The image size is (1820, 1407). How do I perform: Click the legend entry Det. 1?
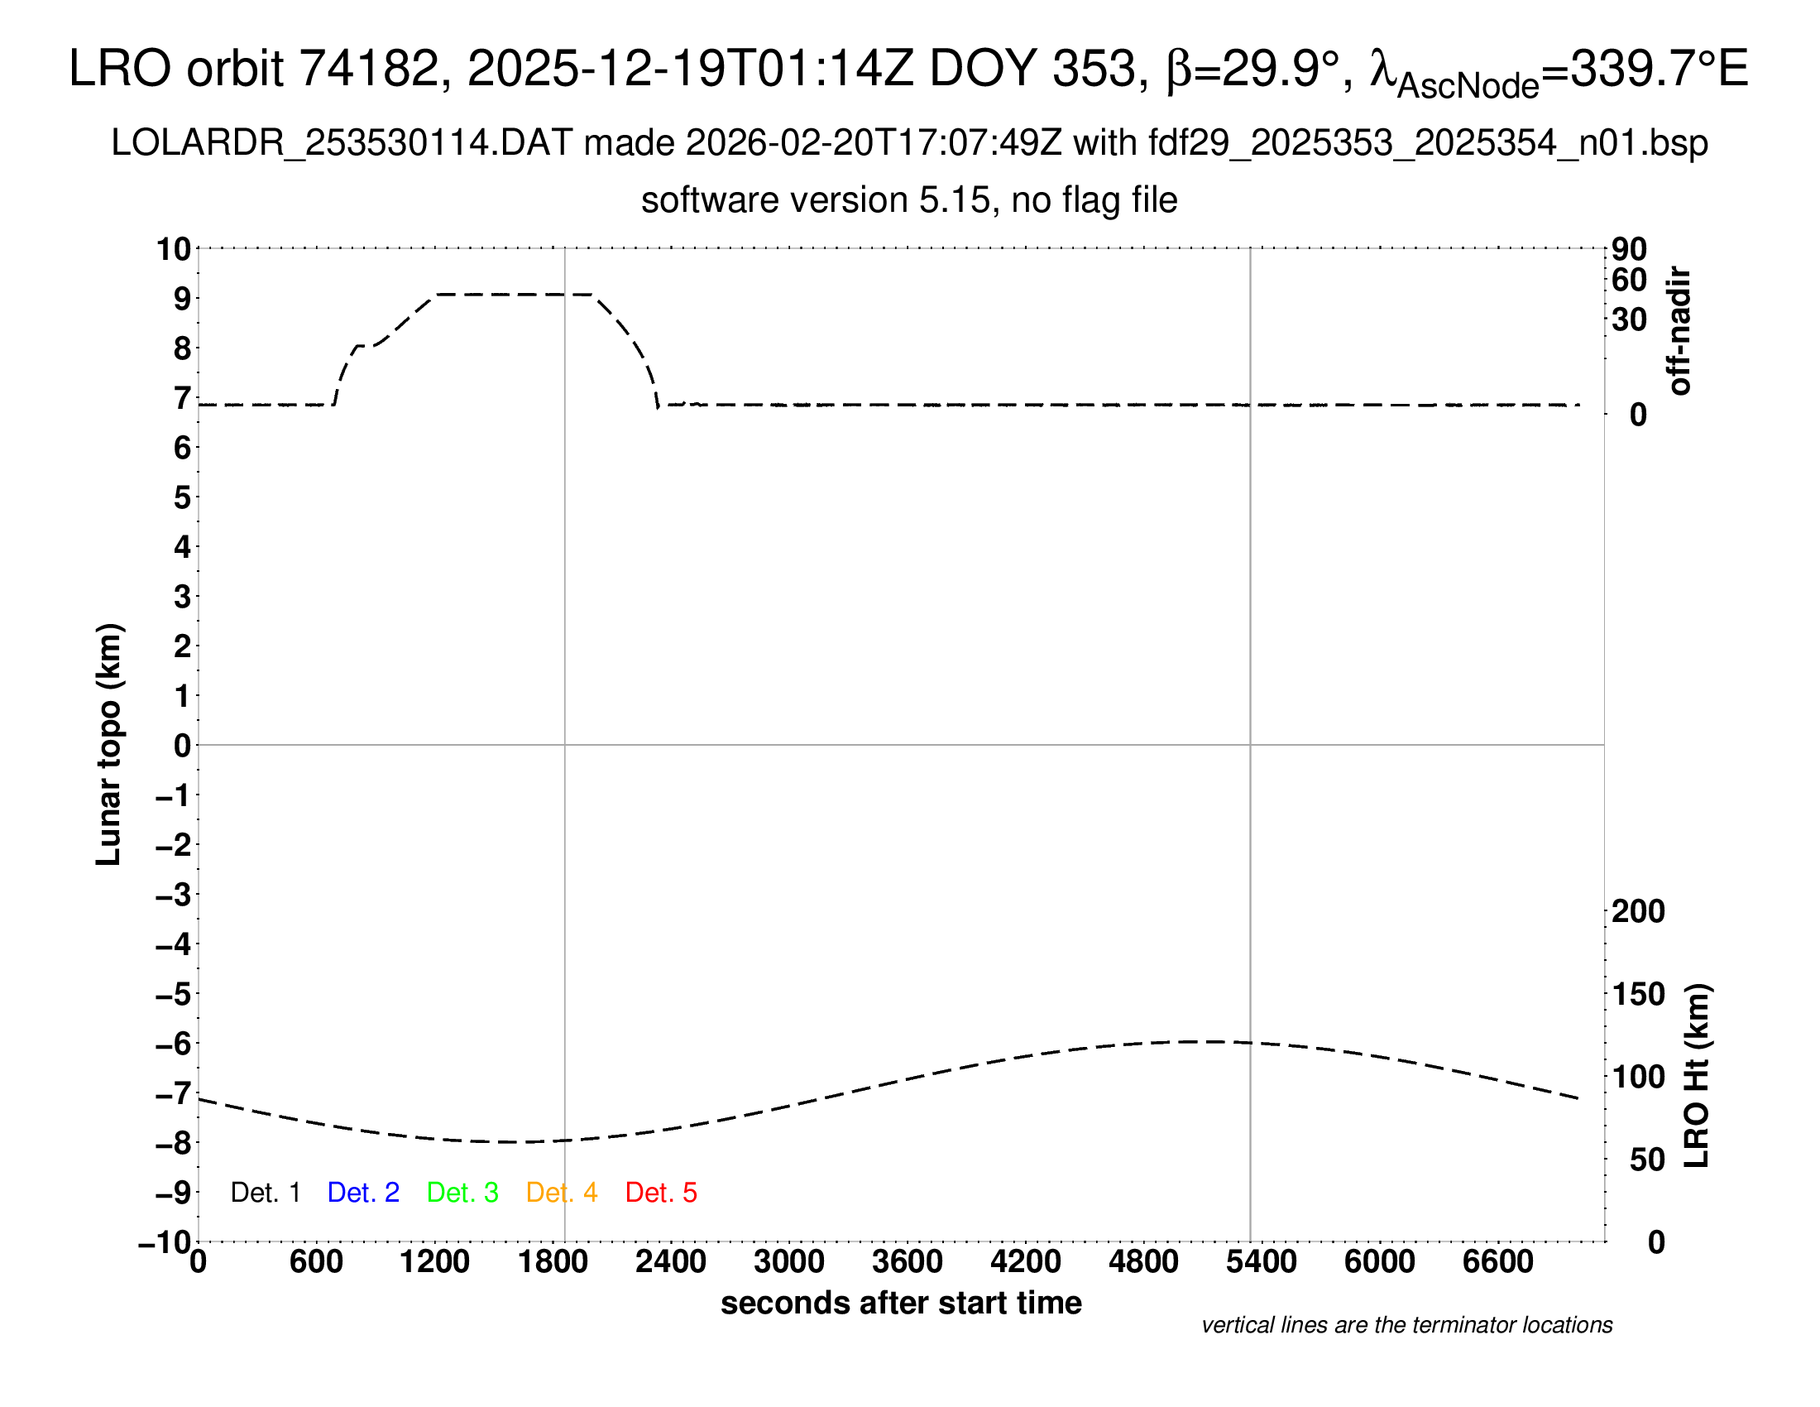(265, 1193)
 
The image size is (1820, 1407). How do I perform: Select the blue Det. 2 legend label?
(363, 1193)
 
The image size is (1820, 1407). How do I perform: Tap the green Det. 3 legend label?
(462, 1193)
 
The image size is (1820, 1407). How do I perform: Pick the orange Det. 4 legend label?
(562, 1193)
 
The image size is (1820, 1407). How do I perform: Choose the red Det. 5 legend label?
(661, 1193)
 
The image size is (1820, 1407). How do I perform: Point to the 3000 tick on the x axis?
(789, 1261)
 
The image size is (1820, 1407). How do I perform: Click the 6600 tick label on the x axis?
(1497, 1261)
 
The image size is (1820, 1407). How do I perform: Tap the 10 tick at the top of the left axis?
(175, 248)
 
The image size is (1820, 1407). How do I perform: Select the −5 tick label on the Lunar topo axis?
(174, 993)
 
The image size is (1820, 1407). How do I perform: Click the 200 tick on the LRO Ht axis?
(1638, 911)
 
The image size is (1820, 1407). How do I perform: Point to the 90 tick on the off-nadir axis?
(1629, 248)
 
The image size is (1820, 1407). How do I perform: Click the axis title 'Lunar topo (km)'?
(109, 744)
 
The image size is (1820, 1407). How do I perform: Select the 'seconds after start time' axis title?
(901, 1303)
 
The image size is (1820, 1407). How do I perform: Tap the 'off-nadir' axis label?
(1680, 331)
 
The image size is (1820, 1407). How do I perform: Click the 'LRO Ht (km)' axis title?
(1697, 1076)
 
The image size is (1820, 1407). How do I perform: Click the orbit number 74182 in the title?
(368, 69)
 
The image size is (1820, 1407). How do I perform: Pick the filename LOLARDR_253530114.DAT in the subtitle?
(342, 143)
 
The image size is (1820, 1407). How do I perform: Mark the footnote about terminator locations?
(1406, 1325)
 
